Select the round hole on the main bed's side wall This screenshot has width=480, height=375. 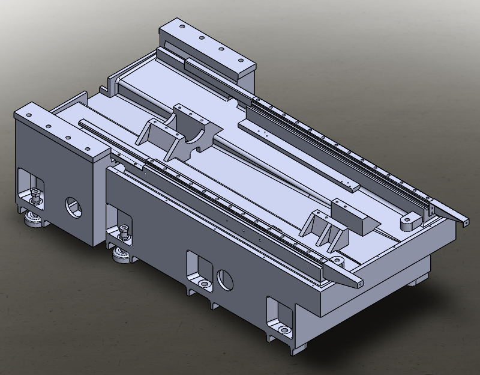[x=226, y=279]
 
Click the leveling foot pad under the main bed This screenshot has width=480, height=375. [x=122, y=257]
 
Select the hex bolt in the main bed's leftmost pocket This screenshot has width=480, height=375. [x=123, y=230]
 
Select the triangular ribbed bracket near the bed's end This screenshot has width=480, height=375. [x=324, y=231]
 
